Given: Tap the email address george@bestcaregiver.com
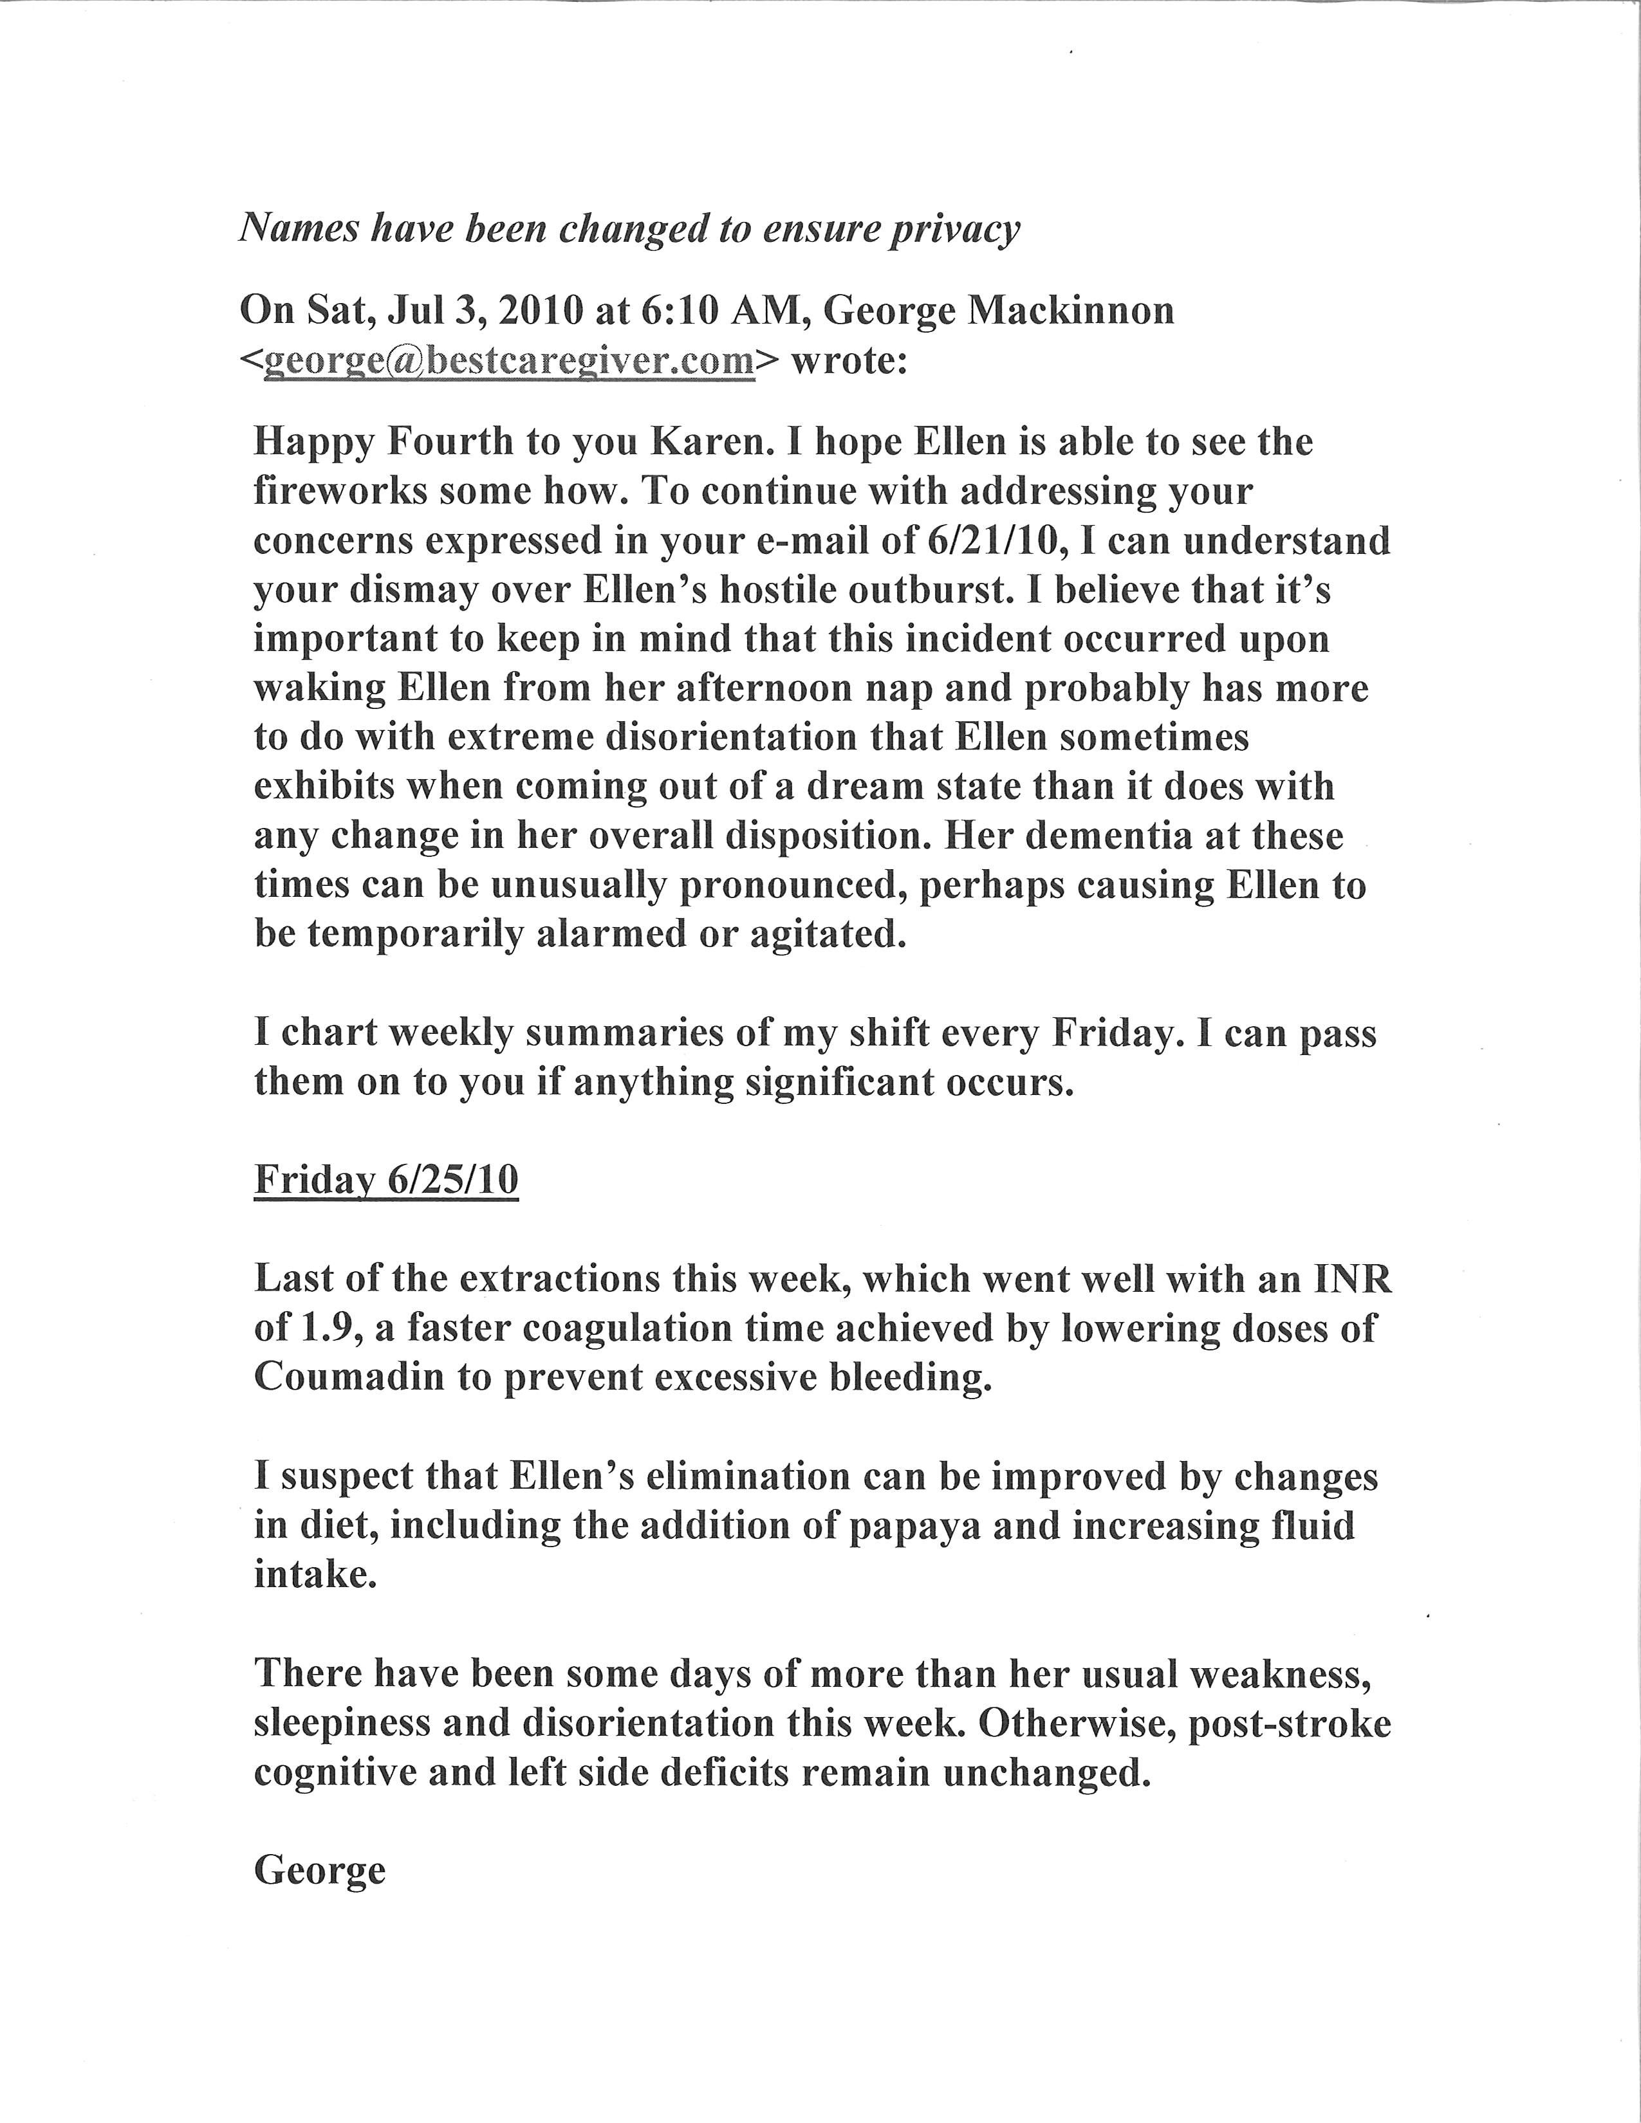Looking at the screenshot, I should pyautogui.click(x=510, y=361).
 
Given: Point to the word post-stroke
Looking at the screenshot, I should pyautogui.click(x=1290, y=1723).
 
